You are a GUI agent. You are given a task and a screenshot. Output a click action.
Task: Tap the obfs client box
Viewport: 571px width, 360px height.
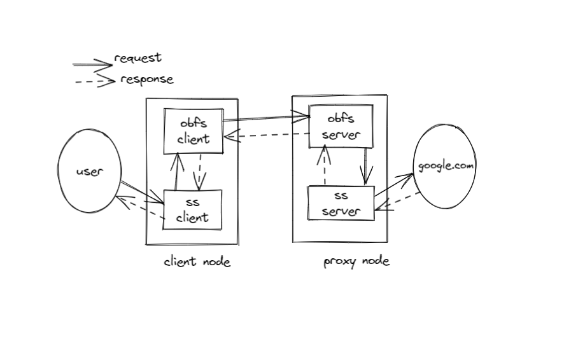tap(194, 131)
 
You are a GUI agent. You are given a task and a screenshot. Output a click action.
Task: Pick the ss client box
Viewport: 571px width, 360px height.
tap(192, 209)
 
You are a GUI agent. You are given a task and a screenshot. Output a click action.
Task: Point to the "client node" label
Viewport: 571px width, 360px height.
tap(197, 261)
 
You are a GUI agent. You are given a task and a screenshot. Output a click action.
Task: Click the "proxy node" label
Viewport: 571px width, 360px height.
tap(356, 261)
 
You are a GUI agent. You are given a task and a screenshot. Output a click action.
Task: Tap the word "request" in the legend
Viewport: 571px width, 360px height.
tap(137, 58)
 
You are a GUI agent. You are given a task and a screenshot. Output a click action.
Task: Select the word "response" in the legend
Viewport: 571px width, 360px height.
tap(146, 80)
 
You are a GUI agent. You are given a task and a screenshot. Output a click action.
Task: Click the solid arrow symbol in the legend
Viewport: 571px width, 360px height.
tap(92, 64)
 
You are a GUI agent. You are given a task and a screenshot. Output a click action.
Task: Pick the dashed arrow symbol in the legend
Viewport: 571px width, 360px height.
tap(94, 81)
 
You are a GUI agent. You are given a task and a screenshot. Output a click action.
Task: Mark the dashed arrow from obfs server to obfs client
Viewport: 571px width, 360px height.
tap(266, 135)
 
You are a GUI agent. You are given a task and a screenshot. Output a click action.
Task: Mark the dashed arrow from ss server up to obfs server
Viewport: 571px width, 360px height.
tap(325, 165)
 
